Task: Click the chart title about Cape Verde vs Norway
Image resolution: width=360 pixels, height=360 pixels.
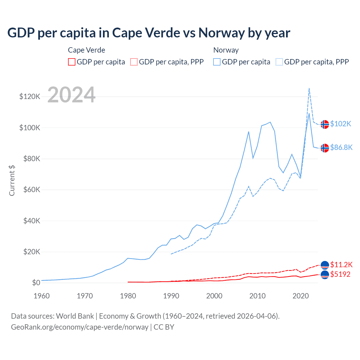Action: point(149,33)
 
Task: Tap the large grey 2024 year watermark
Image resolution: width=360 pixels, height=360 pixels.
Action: point(71,95)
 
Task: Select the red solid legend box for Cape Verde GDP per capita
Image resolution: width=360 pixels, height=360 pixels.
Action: point(72,62)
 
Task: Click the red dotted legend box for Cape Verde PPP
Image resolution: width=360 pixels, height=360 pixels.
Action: point(134,62)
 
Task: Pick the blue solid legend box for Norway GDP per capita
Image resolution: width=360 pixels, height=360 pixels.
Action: point(217,62)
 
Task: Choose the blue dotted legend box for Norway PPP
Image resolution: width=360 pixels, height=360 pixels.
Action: point(279,62)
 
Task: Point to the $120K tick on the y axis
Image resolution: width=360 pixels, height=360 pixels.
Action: point(30,97)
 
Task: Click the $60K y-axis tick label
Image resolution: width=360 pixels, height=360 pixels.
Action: point(32,190)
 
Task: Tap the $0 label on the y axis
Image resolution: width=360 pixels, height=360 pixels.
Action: point(36,283)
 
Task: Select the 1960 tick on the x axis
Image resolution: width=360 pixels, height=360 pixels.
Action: point(42,296)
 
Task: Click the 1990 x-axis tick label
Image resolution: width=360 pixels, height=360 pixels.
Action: point(171,296)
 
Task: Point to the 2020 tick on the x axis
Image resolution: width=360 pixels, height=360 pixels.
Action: point(301,296)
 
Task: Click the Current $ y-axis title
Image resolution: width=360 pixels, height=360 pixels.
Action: point(12,181)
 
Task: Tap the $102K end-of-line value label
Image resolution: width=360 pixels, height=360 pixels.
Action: point(341,124)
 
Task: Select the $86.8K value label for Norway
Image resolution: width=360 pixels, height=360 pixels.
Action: point(341,147)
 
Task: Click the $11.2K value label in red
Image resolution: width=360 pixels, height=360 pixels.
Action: point(341,265)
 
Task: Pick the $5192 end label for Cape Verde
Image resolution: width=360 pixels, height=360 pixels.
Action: point(340,274)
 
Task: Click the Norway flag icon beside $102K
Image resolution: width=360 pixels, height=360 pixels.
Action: point(325,124)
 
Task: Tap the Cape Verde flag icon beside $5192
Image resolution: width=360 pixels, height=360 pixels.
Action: point(325,274)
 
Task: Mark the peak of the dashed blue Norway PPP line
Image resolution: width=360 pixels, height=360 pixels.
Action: point(309,88)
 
